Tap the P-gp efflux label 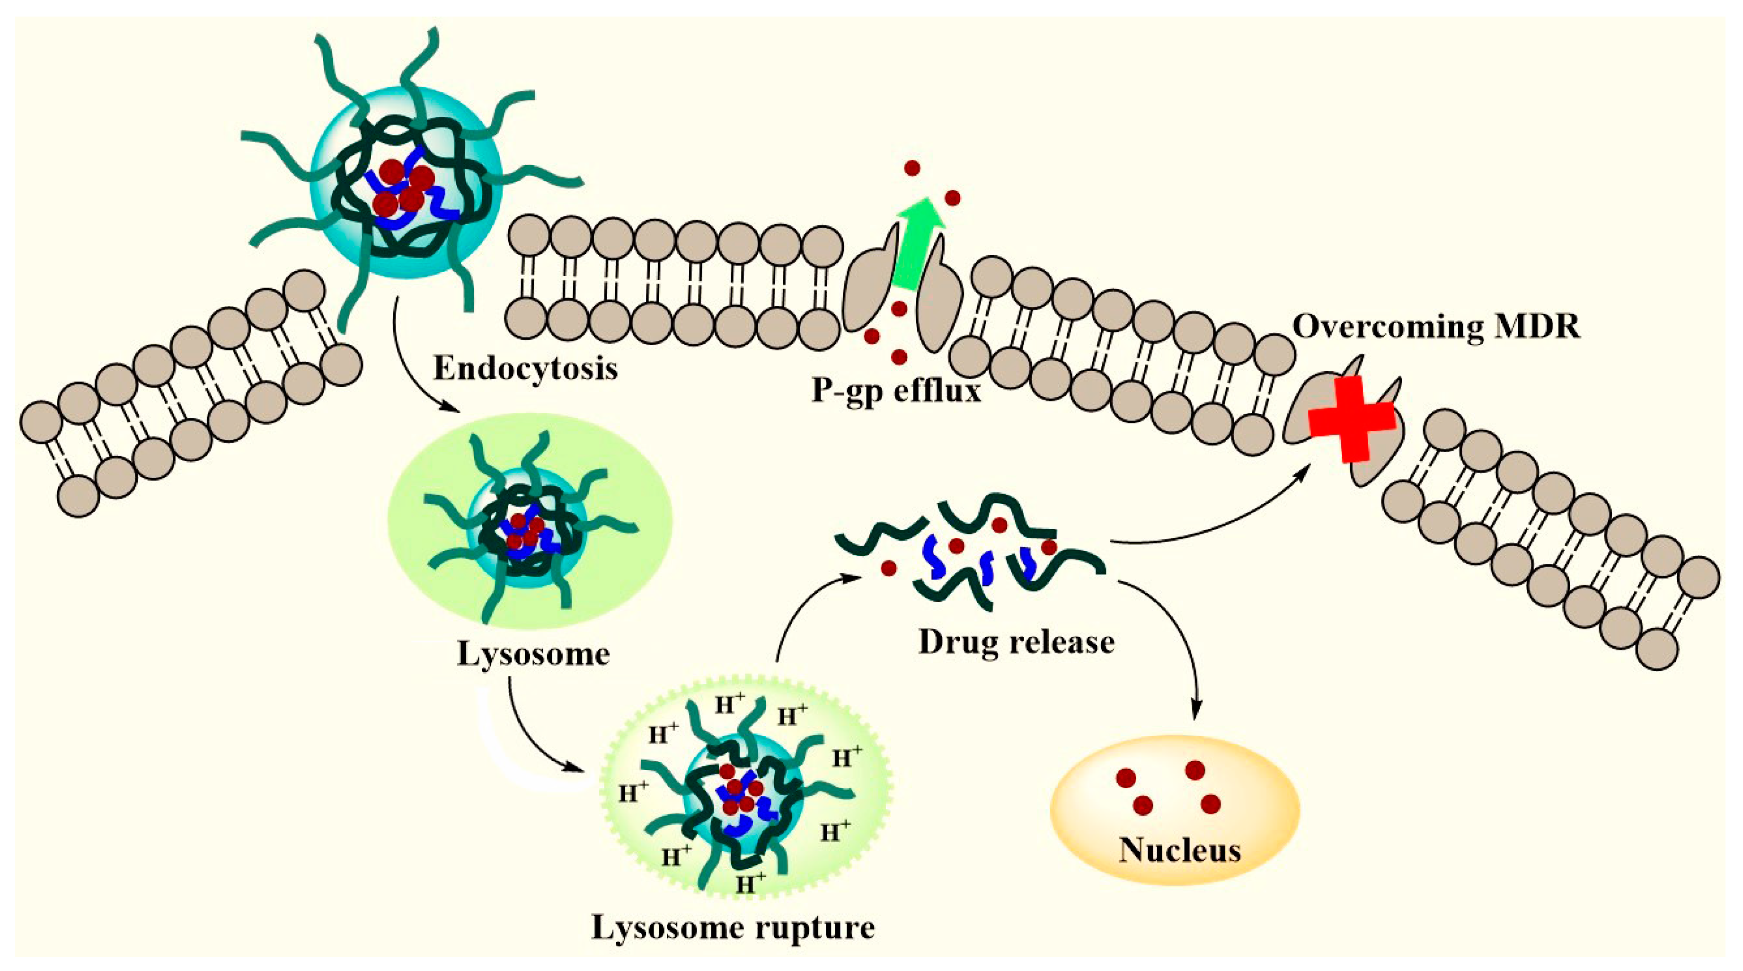[x=896, y=391]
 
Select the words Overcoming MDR [x=1436, y=327]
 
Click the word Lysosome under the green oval [x=533, y=654]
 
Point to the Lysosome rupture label [x=733, y=928]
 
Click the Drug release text [x=1016, y=641]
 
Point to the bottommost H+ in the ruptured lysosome [x=751, y=882]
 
